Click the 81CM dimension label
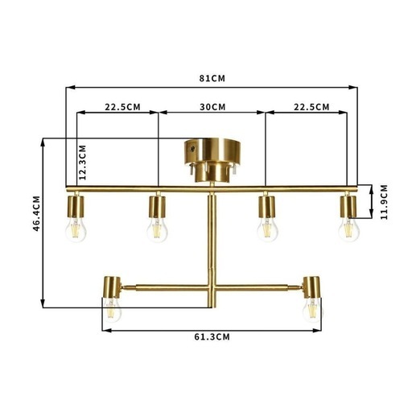point(212,78)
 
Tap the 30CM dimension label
point(212,107)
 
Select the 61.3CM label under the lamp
point(212,337)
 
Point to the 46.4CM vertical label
point(36,213)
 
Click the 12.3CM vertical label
point(83,163)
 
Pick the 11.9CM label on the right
point(385,202)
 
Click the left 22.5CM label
point(122,107)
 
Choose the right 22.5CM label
point(311,107)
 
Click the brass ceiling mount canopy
point(212,160)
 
